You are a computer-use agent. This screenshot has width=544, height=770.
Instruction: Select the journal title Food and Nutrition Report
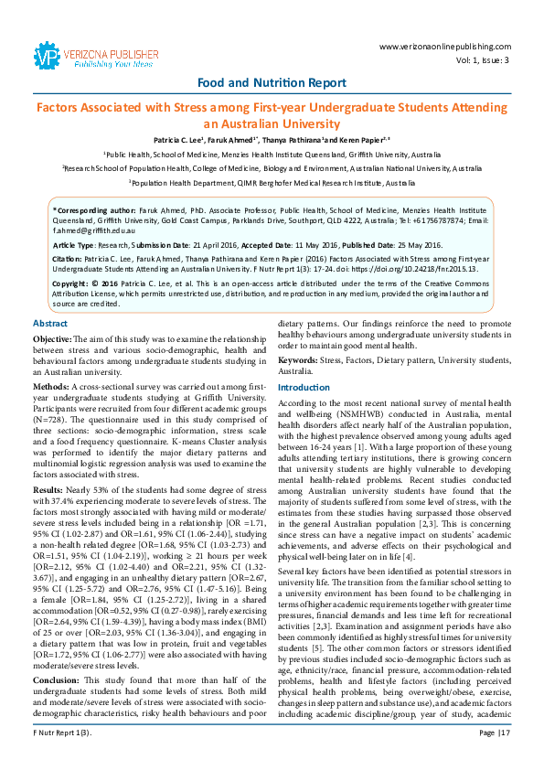pyautogui.click(x=272, y=82)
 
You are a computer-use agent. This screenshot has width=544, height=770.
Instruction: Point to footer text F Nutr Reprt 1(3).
pyautogui.click(x=59, y=758)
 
